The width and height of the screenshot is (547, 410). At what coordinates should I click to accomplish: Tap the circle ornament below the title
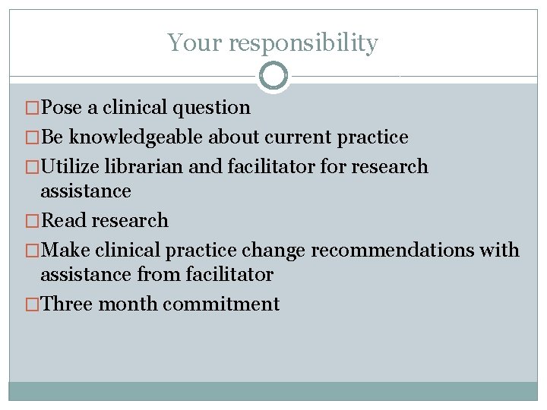point(273,76)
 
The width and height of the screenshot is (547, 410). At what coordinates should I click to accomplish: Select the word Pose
point(62,108)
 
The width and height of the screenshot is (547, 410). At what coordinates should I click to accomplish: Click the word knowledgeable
point(136,137)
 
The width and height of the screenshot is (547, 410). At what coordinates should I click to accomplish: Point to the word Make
point(64,251)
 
